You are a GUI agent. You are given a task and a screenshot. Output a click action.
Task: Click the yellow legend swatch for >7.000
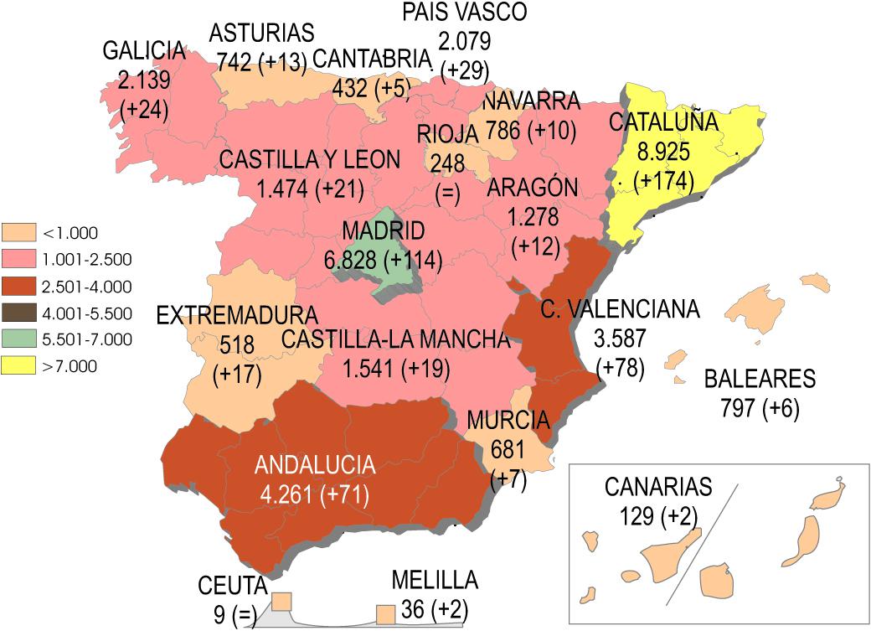(19, 366)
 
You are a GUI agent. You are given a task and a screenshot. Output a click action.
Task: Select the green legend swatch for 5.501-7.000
(19, 339)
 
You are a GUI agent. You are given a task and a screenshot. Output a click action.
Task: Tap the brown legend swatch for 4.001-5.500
(19, 313)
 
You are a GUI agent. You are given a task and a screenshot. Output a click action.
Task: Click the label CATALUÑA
(663, 122)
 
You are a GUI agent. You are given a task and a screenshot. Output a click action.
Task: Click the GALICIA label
(143, 50)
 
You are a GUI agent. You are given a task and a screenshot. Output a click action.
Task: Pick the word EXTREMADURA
(238, 316)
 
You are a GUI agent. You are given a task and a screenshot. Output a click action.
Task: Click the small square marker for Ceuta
(281, 602)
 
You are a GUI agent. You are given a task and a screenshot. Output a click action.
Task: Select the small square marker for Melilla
(385, 614)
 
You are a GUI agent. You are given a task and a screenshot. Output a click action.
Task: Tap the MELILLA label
(435, 580)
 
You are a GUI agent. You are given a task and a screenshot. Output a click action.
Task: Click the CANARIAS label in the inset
(657, 486)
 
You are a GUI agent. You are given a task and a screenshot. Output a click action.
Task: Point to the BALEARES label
(760, 379)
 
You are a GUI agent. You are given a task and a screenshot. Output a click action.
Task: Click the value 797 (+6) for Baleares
(760, 408)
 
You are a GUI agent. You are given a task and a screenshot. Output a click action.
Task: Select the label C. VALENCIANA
(619, 310)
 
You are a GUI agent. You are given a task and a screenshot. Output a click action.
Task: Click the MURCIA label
(508, 419)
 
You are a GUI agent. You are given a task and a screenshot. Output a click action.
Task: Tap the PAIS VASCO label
(464, 12)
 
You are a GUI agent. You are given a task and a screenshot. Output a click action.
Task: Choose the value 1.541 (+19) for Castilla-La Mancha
(397, 368)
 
